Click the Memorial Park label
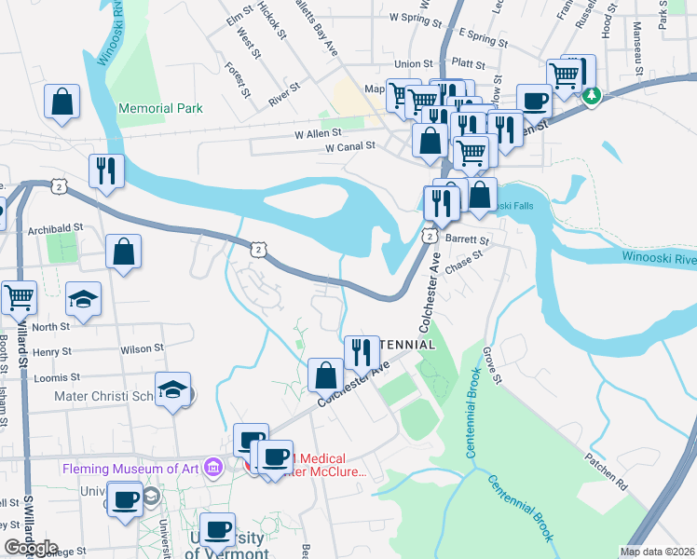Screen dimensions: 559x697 [160, 108]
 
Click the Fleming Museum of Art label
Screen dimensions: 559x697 [132, 468]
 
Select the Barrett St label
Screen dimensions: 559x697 [467, 239]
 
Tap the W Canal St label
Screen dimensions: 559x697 [349, 146]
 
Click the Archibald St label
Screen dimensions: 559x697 [56, 226]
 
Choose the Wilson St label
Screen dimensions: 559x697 [142, 348]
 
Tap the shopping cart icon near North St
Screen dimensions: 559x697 [19, 297]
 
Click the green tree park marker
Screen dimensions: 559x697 [590, 94]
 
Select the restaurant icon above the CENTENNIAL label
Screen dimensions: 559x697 [362, 351]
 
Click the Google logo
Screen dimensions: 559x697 [31, 548]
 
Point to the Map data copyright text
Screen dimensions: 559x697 [658, 552]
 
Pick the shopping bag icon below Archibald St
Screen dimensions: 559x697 [123, 251]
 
